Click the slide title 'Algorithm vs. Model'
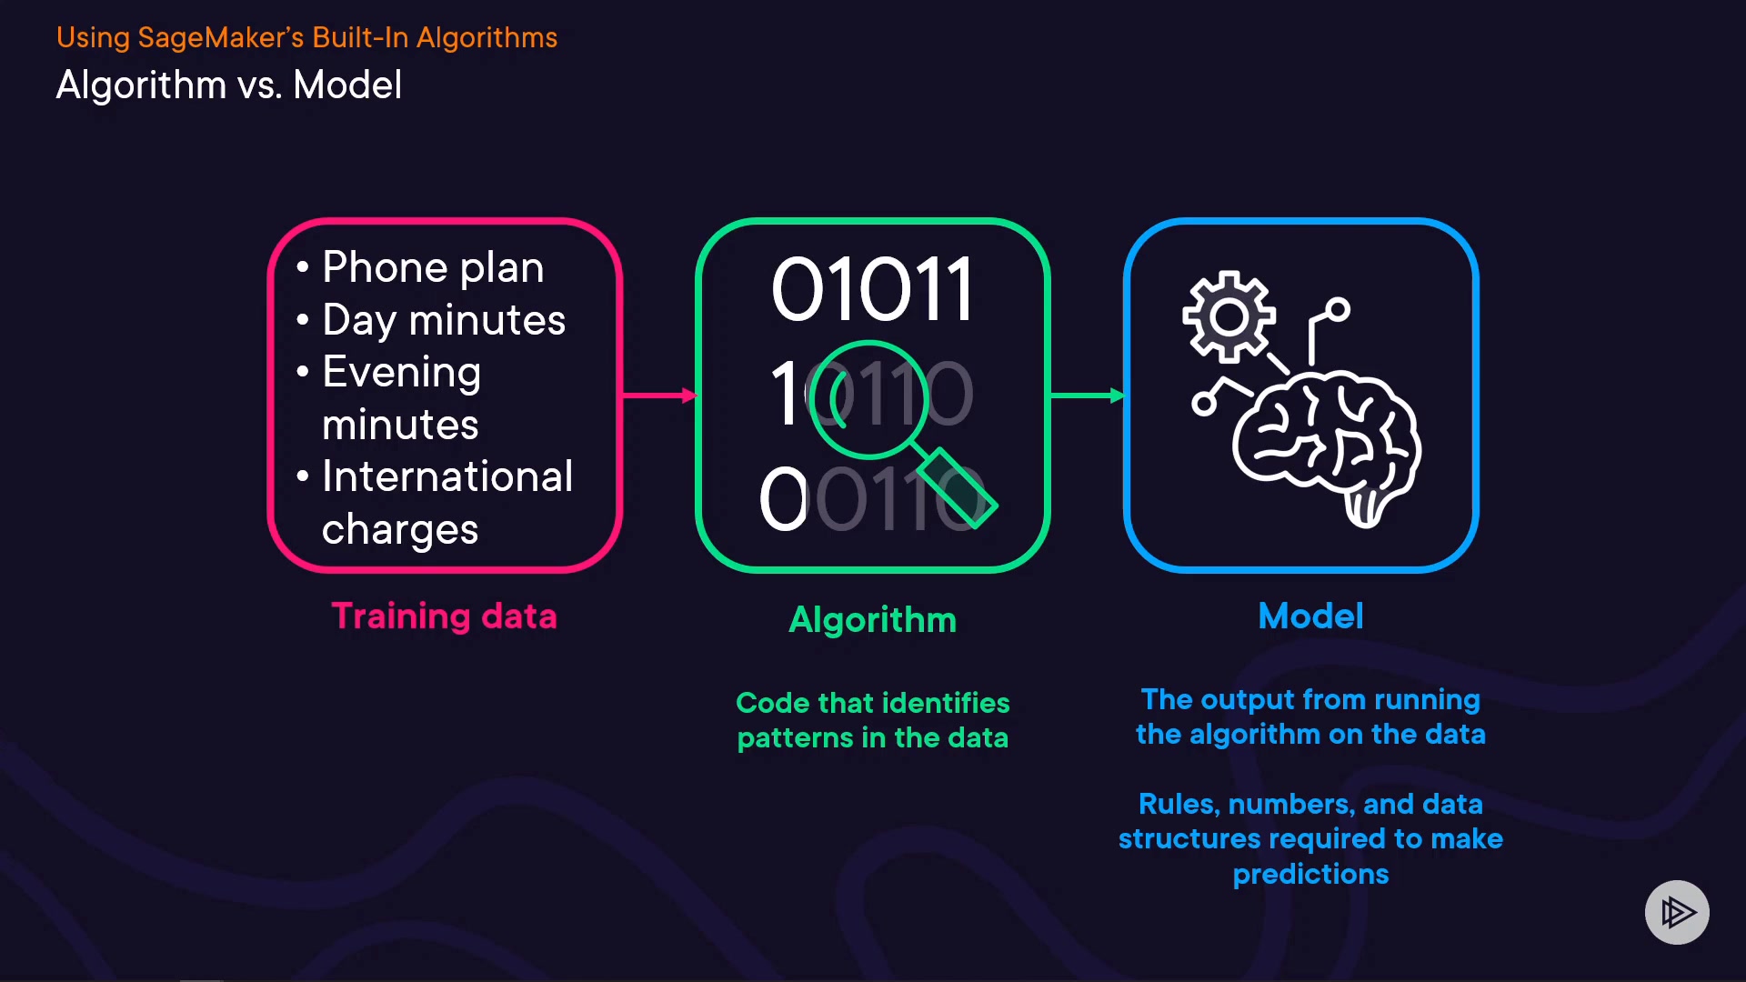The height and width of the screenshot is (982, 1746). coord(228,85)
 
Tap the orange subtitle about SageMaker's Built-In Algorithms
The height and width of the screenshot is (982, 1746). coord(306,37)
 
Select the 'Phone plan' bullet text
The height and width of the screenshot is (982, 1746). coord(433,267)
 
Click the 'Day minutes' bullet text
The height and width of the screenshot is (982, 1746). coord(444,320)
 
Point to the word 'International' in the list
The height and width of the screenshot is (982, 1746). coord(447,476)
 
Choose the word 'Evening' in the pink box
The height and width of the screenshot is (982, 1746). coord(401,372)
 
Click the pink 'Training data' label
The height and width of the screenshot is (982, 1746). coord(444,616)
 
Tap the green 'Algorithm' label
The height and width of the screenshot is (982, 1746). coord(872,620)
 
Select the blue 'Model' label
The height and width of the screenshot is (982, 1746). coord(1310,616)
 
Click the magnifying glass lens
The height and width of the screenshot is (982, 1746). coord(868,398)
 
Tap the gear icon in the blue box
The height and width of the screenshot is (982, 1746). coord(1229,316)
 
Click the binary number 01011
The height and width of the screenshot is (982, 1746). coord(872,289)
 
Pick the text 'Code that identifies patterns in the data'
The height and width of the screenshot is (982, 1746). coord(872,720)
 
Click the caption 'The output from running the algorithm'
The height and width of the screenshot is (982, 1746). coord(1310,716)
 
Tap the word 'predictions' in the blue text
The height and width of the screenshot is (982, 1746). coord(1310,875)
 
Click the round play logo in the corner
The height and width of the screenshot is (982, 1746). coord(1677,912)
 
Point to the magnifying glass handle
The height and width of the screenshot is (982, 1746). coord(957,487)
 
